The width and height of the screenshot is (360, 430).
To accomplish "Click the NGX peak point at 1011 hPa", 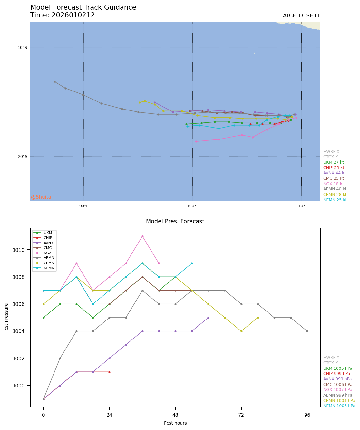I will [142, 236].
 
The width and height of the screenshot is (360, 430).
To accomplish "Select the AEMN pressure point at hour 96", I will [307, 331].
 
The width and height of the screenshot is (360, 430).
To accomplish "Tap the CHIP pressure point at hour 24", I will [109, 372].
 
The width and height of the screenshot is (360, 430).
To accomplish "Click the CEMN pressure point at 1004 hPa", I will [241, 331].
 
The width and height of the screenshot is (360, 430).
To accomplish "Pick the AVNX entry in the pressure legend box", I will [49, 243].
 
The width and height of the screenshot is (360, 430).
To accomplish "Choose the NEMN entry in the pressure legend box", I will [49, 268].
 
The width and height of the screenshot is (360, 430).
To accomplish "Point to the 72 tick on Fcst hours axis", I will [241, 415].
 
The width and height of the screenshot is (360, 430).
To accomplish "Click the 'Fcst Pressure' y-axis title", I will [6, 318].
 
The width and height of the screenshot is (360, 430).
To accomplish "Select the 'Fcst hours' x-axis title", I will [175, 423].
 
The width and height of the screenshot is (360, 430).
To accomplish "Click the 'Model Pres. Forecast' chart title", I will [175, 221].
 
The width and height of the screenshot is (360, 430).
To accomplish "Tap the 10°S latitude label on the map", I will [22, 48].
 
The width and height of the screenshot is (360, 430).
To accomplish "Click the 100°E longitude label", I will [193, 206].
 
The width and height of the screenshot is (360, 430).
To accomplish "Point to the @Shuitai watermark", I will [42, 197].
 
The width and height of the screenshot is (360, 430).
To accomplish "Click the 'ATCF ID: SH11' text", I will [301, 16].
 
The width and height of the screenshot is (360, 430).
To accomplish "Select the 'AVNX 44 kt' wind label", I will [334, 173].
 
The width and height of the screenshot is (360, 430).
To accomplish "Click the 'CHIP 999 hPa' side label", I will [336, 374].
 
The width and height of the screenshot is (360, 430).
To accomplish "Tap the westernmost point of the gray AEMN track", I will [54, 81].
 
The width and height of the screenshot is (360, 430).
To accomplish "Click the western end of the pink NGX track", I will [196, 141].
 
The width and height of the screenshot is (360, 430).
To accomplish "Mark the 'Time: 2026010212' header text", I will [63, 15].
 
